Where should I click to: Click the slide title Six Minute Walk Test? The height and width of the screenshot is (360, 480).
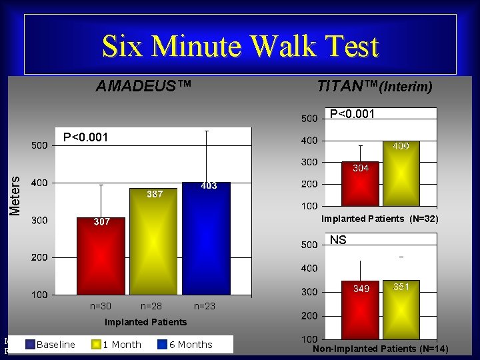(x=240, y=46)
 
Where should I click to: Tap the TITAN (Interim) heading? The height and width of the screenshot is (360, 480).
(x=375, y=86)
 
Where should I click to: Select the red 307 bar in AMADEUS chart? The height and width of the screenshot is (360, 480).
(x=101, y=257)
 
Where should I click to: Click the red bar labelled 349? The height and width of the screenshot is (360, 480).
(x=361, y=311)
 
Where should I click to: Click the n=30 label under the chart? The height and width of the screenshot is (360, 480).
(x=101, y=306)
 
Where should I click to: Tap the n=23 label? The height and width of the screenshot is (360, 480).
(x=205, y=306)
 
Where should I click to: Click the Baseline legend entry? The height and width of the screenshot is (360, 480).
(x=55, y=345)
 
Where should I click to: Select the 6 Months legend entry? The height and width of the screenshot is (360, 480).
(x=190, y=345)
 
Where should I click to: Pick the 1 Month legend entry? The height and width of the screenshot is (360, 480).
(x=121, y=345)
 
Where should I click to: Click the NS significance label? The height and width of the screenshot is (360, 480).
(x=338, y=240)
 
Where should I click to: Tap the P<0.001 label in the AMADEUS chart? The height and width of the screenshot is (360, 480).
(x=85, y=137)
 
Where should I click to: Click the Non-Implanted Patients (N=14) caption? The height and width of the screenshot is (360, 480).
(x=380, y=349)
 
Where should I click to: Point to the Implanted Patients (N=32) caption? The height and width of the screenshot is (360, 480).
(x=379, y=219)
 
